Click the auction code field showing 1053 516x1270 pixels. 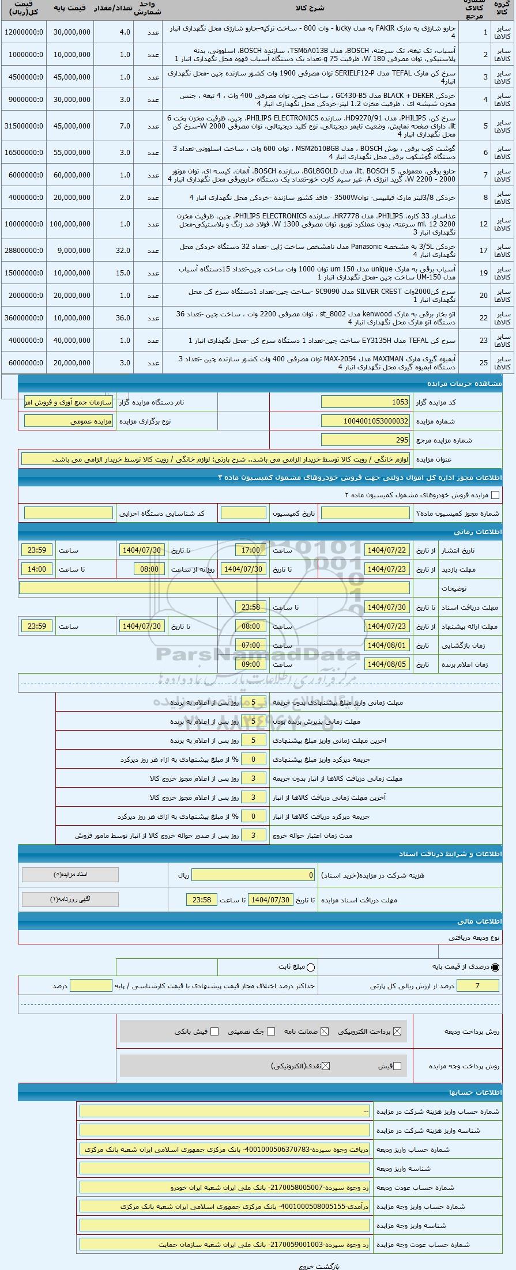(x=366, y=402)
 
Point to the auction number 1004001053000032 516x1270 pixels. (x=366, y=421)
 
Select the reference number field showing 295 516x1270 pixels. (x=366, y=440)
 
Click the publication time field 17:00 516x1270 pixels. (x=250, y=550)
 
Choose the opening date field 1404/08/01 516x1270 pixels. (x=386, y=645)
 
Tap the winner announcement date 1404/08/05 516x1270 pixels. (x=386, y=664)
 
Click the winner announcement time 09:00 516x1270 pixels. (x=250, y=664)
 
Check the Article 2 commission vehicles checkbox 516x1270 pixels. (x=495, y=494)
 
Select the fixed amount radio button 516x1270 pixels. (x=311, y=967)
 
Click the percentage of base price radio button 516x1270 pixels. (x=495, y=967)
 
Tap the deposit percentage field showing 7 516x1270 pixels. (x=477, y=985)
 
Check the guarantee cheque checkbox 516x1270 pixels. (x=271, y=1031)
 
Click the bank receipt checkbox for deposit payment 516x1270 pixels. (x=214, y=1031)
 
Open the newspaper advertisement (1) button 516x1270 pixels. (x=70, y=899)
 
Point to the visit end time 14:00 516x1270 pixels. (x=36, y=569)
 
